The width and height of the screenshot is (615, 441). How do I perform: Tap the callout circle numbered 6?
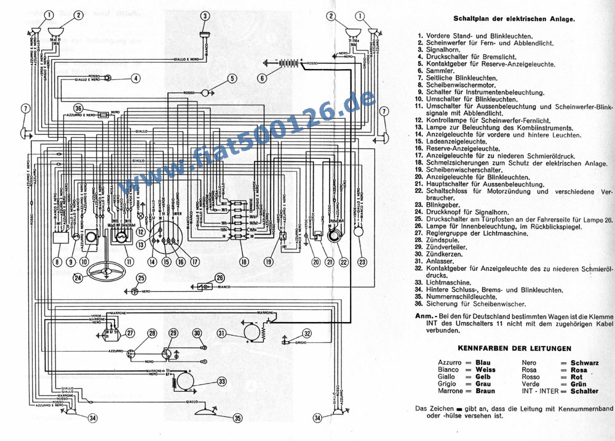[263, 78]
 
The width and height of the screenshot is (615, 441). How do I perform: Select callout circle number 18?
[245, 261]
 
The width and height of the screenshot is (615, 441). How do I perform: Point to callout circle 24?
[77, 278]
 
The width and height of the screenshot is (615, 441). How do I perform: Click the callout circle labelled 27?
[130, 333]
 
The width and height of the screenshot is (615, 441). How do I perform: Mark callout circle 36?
[77, 108]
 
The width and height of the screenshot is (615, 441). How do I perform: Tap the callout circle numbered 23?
[362, 261]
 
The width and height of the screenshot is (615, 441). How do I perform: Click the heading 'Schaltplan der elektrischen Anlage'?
[514, 18]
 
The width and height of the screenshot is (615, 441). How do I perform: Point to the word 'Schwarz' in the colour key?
[584, 363]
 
